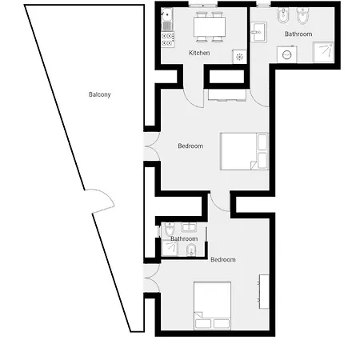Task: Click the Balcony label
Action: [x=99, y=94]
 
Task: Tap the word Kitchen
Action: [x=199, y=53]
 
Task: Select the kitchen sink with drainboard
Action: [x=167, y=19]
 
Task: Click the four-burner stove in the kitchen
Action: [x=168, y=39]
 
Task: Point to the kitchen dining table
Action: [x=210, y=26]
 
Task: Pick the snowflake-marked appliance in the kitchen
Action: [x=239, y=57]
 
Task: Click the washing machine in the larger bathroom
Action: [x=286, y=54]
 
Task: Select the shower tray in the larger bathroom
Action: [x=323, y=52]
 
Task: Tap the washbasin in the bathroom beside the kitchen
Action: [x=258, y=32]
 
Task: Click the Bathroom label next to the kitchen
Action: [x=298, y=34]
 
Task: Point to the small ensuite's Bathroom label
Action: [x=184, y=238]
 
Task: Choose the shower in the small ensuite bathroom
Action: [x=170, y=249]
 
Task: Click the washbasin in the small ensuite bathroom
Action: [x=189, y=227]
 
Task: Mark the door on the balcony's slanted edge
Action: [x=102, y=199]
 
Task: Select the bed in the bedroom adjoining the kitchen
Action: [x=244, y=151]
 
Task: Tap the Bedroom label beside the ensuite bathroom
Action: [x=223, y=259]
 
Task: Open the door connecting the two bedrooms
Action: [x=220, y=202]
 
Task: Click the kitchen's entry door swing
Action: [x=194, y=98]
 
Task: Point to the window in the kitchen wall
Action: [x=203, y=5]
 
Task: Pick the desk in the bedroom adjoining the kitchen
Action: [x=227, y=95]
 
